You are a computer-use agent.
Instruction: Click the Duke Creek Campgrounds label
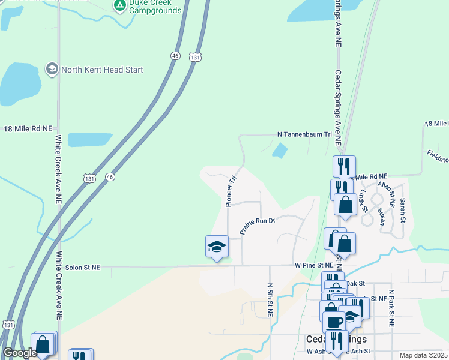[x=155, y=7]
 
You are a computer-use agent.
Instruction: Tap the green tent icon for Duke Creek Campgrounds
[x=119, y=6]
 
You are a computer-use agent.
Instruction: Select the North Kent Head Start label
[x=101, y=70]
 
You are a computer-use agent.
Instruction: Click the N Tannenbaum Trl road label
[x=304, y=134]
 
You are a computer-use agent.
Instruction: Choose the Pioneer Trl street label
[x=231, y=191]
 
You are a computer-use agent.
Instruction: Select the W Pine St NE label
[x=313, y=265]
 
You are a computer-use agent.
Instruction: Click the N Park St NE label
[x=391, y=306]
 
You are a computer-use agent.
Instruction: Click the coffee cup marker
[x=334, y=322]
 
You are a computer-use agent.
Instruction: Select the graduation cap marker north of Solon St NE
[x=217, y=247]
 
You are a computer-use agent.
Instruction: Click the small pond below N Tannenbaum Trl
[x=280, y=150]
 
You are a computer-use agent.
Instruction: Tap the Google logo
[x=20, y=353]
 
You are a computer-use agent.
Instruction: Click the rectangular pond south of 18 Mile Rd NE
[x=90, y=139]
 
